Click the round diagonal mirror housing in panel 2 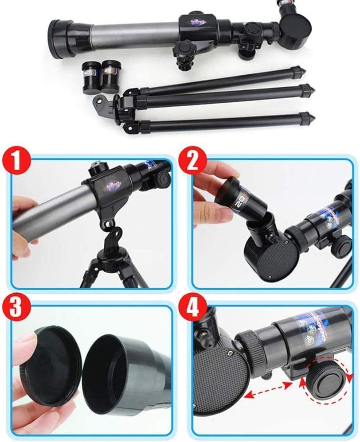coord(270,259)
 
